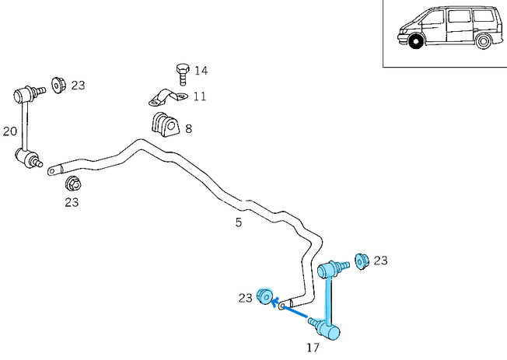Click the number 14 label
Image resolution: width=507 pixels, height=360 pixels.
pyautogui.click(x=201, y=71)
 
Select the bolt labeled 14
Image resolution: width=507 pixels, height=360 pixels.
pyautogui.click(x=182, y=73)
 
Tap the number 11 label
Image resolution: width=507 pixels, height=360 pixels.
pyautogui.click(x=200, y=97)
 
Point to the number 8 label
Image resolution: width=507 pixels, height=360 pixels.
pyautogui.click(x=188, y=128)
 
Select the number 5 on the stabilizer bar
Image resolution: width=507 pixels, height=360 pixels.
pyautogui.click(x=239, y=222)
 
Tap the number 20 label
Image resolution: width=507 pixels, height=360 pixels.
pyautogui.click(x=9, y=131)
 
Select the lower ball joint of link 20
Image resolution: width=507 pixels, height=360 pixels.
pyautogui.click(x=30, y=160)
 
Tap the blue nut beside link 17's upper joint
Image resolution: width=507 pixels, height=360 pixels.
pyautogui.click(x=361, y=261)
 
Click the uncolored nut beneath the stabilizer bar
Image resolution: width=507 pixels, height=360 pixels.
pyautogui.click(x=72, y=183)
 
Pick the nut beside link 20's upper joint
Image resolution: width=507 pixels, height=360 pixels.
pyautogui.click(x=58, y=83)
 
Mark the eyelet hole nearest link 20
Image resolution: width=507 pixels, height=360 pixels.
pyautogui.click(x=51, y=170)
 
